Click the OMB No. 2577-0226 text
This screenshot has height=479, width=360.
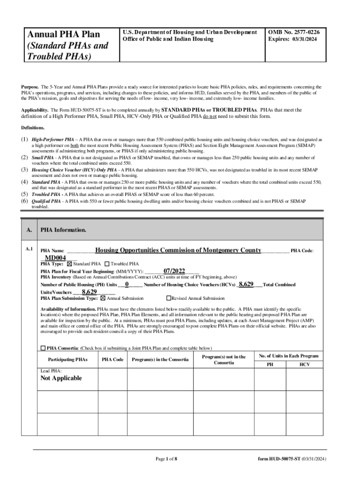pos(294,32)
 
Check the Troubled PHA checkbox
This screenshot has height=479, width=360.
pos(107,264)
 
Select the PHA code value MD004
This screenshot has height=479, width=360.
pos(55,258)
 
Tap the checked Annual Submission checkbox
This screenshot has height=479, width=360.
pos(103,298)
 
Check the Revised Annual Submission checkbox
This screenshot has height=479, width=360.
pos(169,298)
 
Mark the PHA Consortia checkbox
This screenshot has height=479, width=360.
pos(43,348)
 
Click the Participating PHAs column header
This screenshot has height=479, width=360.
pos(68,359)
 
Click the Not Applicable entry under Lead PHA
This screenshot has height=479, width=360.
pos(61,378)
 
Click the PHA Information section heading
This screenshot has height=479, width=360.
pos(63,230)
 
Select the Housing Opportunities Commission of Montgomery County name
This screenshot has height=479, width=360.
pos(178,250)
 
